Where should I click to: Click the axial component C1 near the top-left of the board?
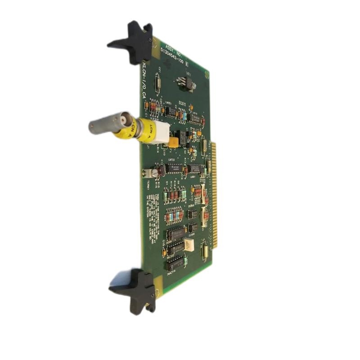pos(157,83)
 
